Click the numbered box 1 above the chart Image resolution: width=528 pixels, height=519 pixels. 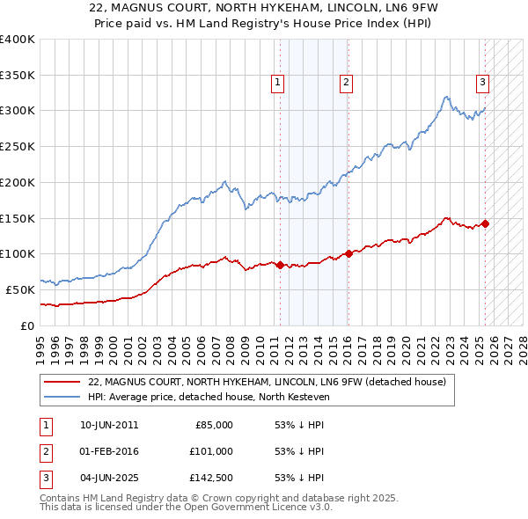pyautogui.click(x=277, y=83)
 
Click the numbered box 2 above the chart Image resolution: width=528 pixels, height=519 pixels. pyautogui.click(x=347, y=83)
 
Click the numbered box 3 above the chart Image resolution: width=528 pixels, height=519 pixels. pyautogui.click(x=483, y=83)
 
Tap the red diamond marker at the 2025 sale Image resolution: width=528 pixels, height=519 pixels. pyautogui.click(x=485, y=223)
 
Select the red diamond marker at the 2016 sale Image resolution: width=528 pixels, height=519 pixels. pyautogui.click(x=348, y=253)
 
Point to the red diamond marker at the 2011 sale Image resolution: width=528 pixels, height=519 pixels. pyautogui.click(x=281, y=265)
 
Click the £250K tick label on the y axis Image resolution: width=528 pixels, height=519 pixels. pyautogui.click(x=17, y=147)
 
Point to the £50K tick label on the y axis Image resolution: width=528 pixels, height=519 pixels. pyautogui.click(x=20, y=289)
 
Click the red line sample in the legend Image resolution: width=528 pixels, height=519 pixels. pyautogui.click(x=62, y=383)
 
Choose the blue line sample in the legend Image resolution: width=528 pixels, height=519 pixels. pyautogui.click(x=62, y=397)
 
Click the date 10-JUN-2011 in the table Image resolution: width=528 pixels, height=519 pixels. pyautogui.click(x=108, y=425)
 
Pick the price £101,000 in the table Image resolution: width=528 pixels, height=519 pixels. pyautogui.click(x=211, y=451)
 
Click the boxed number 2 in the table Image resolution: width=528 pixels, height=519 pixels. pyautogui.click(x=43, y=451)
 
